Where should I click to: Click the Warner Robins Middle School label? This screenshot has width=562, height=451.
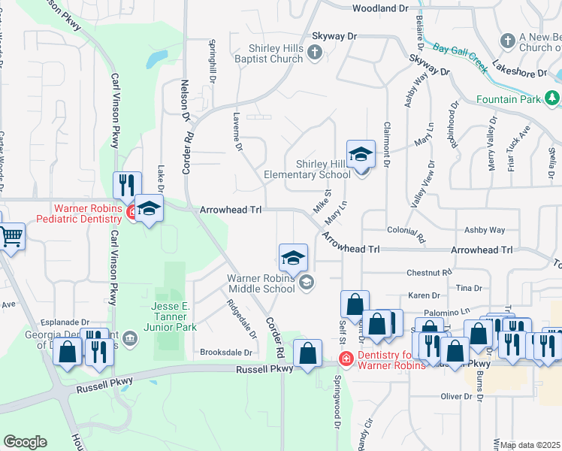(261, 283)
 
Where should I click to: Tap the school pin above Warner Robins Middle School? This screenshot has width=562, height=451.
(293, 259)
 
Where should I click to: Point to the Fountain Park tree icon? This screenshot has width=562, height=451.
(552, 98)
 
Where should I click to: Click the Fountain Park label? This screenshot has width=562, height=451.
(509, 99)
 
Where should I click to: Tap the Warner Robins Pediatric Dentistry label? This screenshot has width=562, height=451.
(87, 213)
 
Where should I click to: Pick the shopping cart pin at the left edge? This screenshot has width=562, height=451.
(11, 238)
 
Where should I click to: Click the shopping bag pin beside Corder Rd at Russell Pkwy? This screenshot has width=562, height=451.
(308, 353)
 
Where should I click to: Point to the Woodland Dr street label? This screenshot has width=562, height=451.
(380, 8)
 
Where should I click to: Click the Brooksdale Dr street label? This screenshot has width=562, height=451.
(225, 352)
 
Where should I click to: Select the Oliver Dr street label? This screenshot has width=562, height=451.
(455, 396)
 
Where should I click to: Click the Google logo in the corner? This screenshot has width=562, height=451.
(25, 442)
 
